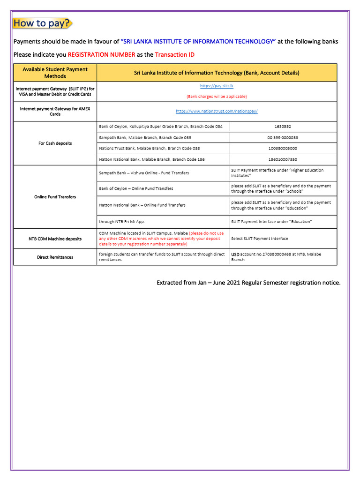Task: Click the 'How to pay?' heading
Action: click(42, 23)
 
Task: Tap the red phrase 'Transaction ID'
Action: click(174, 54)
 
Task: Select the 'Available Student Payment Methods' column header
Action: click(55, 73)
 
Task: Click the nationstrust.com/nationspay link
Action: click(217, 111)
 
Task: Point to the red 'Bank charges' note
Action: click(217, 96)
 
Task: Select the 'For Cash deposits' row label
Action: click(55, 143)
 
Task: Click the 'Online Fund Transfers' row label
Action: click(55, 197)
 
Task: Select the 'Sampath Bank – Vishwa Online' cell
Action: click(144, 173)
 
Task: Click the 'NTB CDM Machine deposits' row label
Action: click(55, 239)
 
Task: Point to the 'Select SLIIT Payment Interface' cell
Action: click(260, 239)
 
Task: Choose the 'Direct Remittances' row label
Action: click(55, 257)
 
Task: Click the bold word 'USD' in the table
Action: click(235, 255)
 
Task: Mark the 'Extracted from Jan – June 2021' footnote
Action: click(248, 283)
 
